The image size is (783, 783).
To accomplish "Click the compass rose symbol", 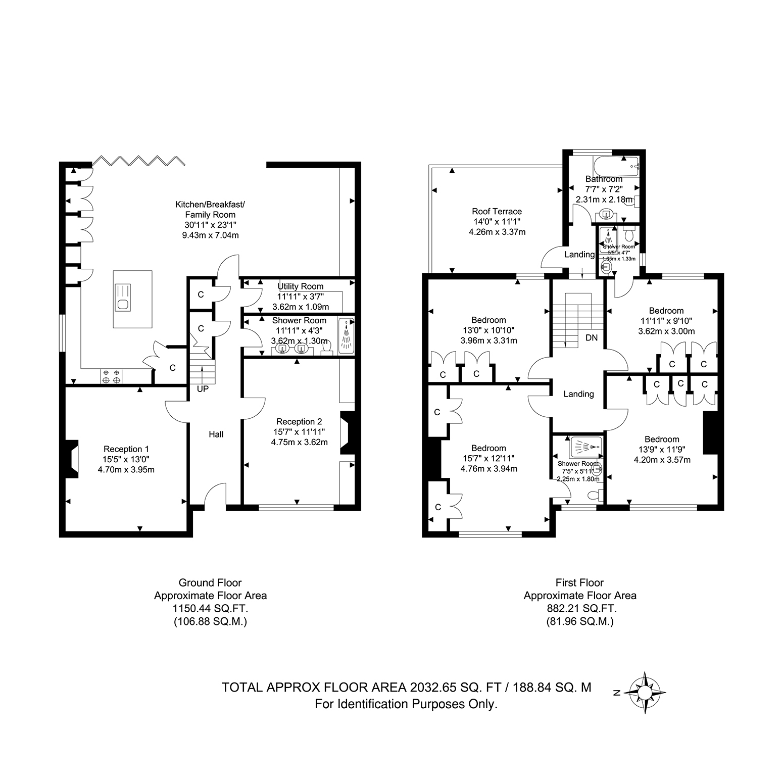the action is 646,693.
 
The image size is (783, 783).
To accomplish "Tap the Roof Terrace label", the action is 497,211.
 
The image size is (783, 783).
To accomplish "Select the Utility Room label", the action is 301,286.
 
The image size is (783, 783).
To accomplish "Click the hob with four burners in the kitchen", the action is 112,376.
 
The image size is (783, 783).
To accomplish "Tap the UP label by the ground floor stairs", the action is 203,389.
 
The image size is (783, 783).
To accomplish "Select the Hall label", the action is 216,434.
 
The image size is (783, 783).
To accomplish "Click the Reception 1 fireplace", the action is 72,459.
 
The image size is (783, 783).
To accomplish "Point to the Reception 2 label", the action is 300,422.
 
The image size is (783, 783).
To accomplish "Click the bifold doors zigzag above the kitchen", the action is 139,161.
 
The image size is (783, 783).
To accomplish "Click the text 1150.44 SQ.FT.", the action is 210,608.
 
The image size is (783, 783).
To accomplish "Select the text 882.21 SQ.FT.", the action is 580,608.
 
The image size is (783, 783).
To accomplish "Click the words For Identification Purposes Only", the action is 406,704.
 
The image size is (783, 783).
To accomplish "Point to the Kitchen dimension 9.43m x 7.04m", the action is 210,235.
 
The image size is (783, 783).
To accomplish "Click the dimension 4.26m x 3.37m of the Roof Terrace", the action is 497,232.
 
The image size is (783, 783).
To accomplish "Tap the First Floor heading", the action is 580,582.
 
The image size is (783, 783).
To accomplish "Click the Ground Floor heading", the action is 210,582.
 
